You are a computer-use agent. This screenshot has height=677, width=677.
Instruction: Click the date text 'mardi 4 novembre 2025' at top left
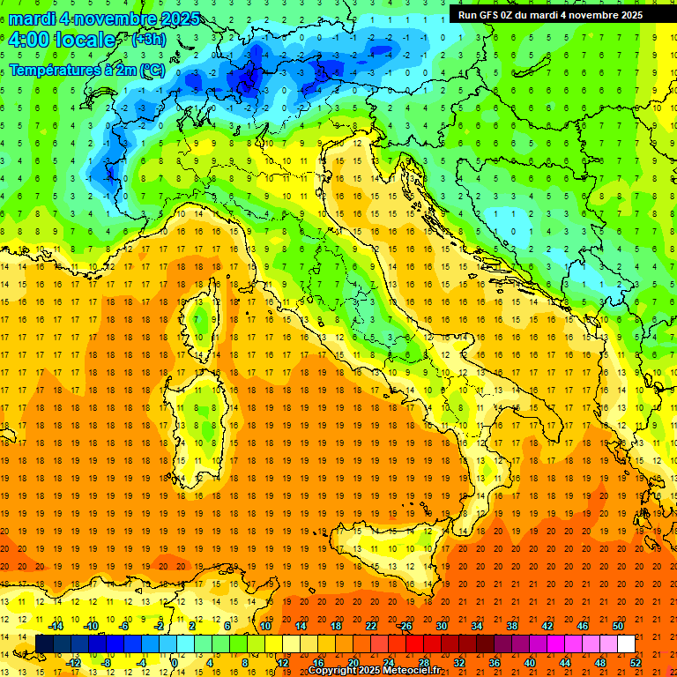click(x=104, y=19)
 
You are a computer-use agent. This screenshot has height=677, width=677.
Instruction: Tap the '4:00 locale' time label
click(x=62, y=40)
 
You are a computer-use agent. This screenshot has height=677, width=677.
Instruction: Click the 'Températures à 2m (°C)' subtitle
click(x=86, y=70)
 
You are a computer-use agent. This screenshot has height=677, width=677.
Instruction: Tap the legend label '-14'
click(x=56, y=626)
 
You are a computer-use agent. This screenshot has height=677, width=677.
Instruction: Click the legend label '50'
click(x=619, y=626)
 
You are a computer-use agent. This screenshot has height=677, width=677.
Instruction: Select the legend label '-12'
click(x=74, y=663)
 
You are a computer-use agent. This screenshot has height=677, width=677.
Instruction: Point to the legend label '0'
click(x=175, y=663)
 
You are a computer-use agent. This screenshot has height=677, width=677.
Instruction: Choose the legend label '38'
click(x=512, y=626)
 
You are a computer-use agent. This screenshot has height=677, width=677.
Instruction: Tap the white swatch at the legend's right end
click(x=626, y=644)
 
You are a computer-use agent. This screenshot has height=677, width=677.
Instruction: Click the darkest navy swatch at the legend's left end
click(x=44, y=644)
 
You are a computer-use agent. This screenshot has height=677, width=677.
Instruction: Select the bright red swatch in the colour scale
click(x=414, y=644)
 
